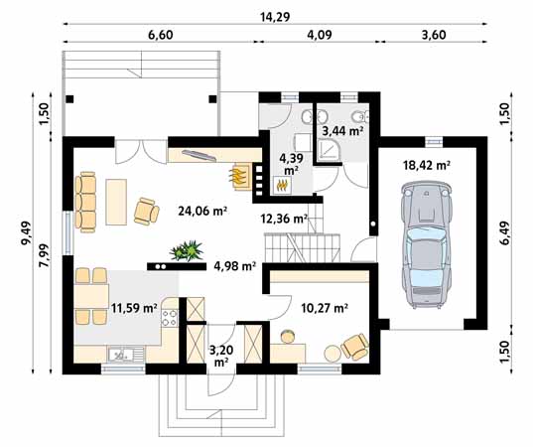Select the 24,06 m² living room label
(202, 211)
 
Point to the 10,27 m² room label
(323, 308)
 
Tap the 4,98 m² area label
(235, 265)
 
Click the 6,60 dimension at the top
(161, 36)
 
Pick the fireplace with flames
(239, 178)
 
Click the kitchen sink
(118, 353)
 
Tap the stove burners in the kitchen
(170, 318)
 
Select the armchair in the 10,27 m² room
(353, 346)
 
